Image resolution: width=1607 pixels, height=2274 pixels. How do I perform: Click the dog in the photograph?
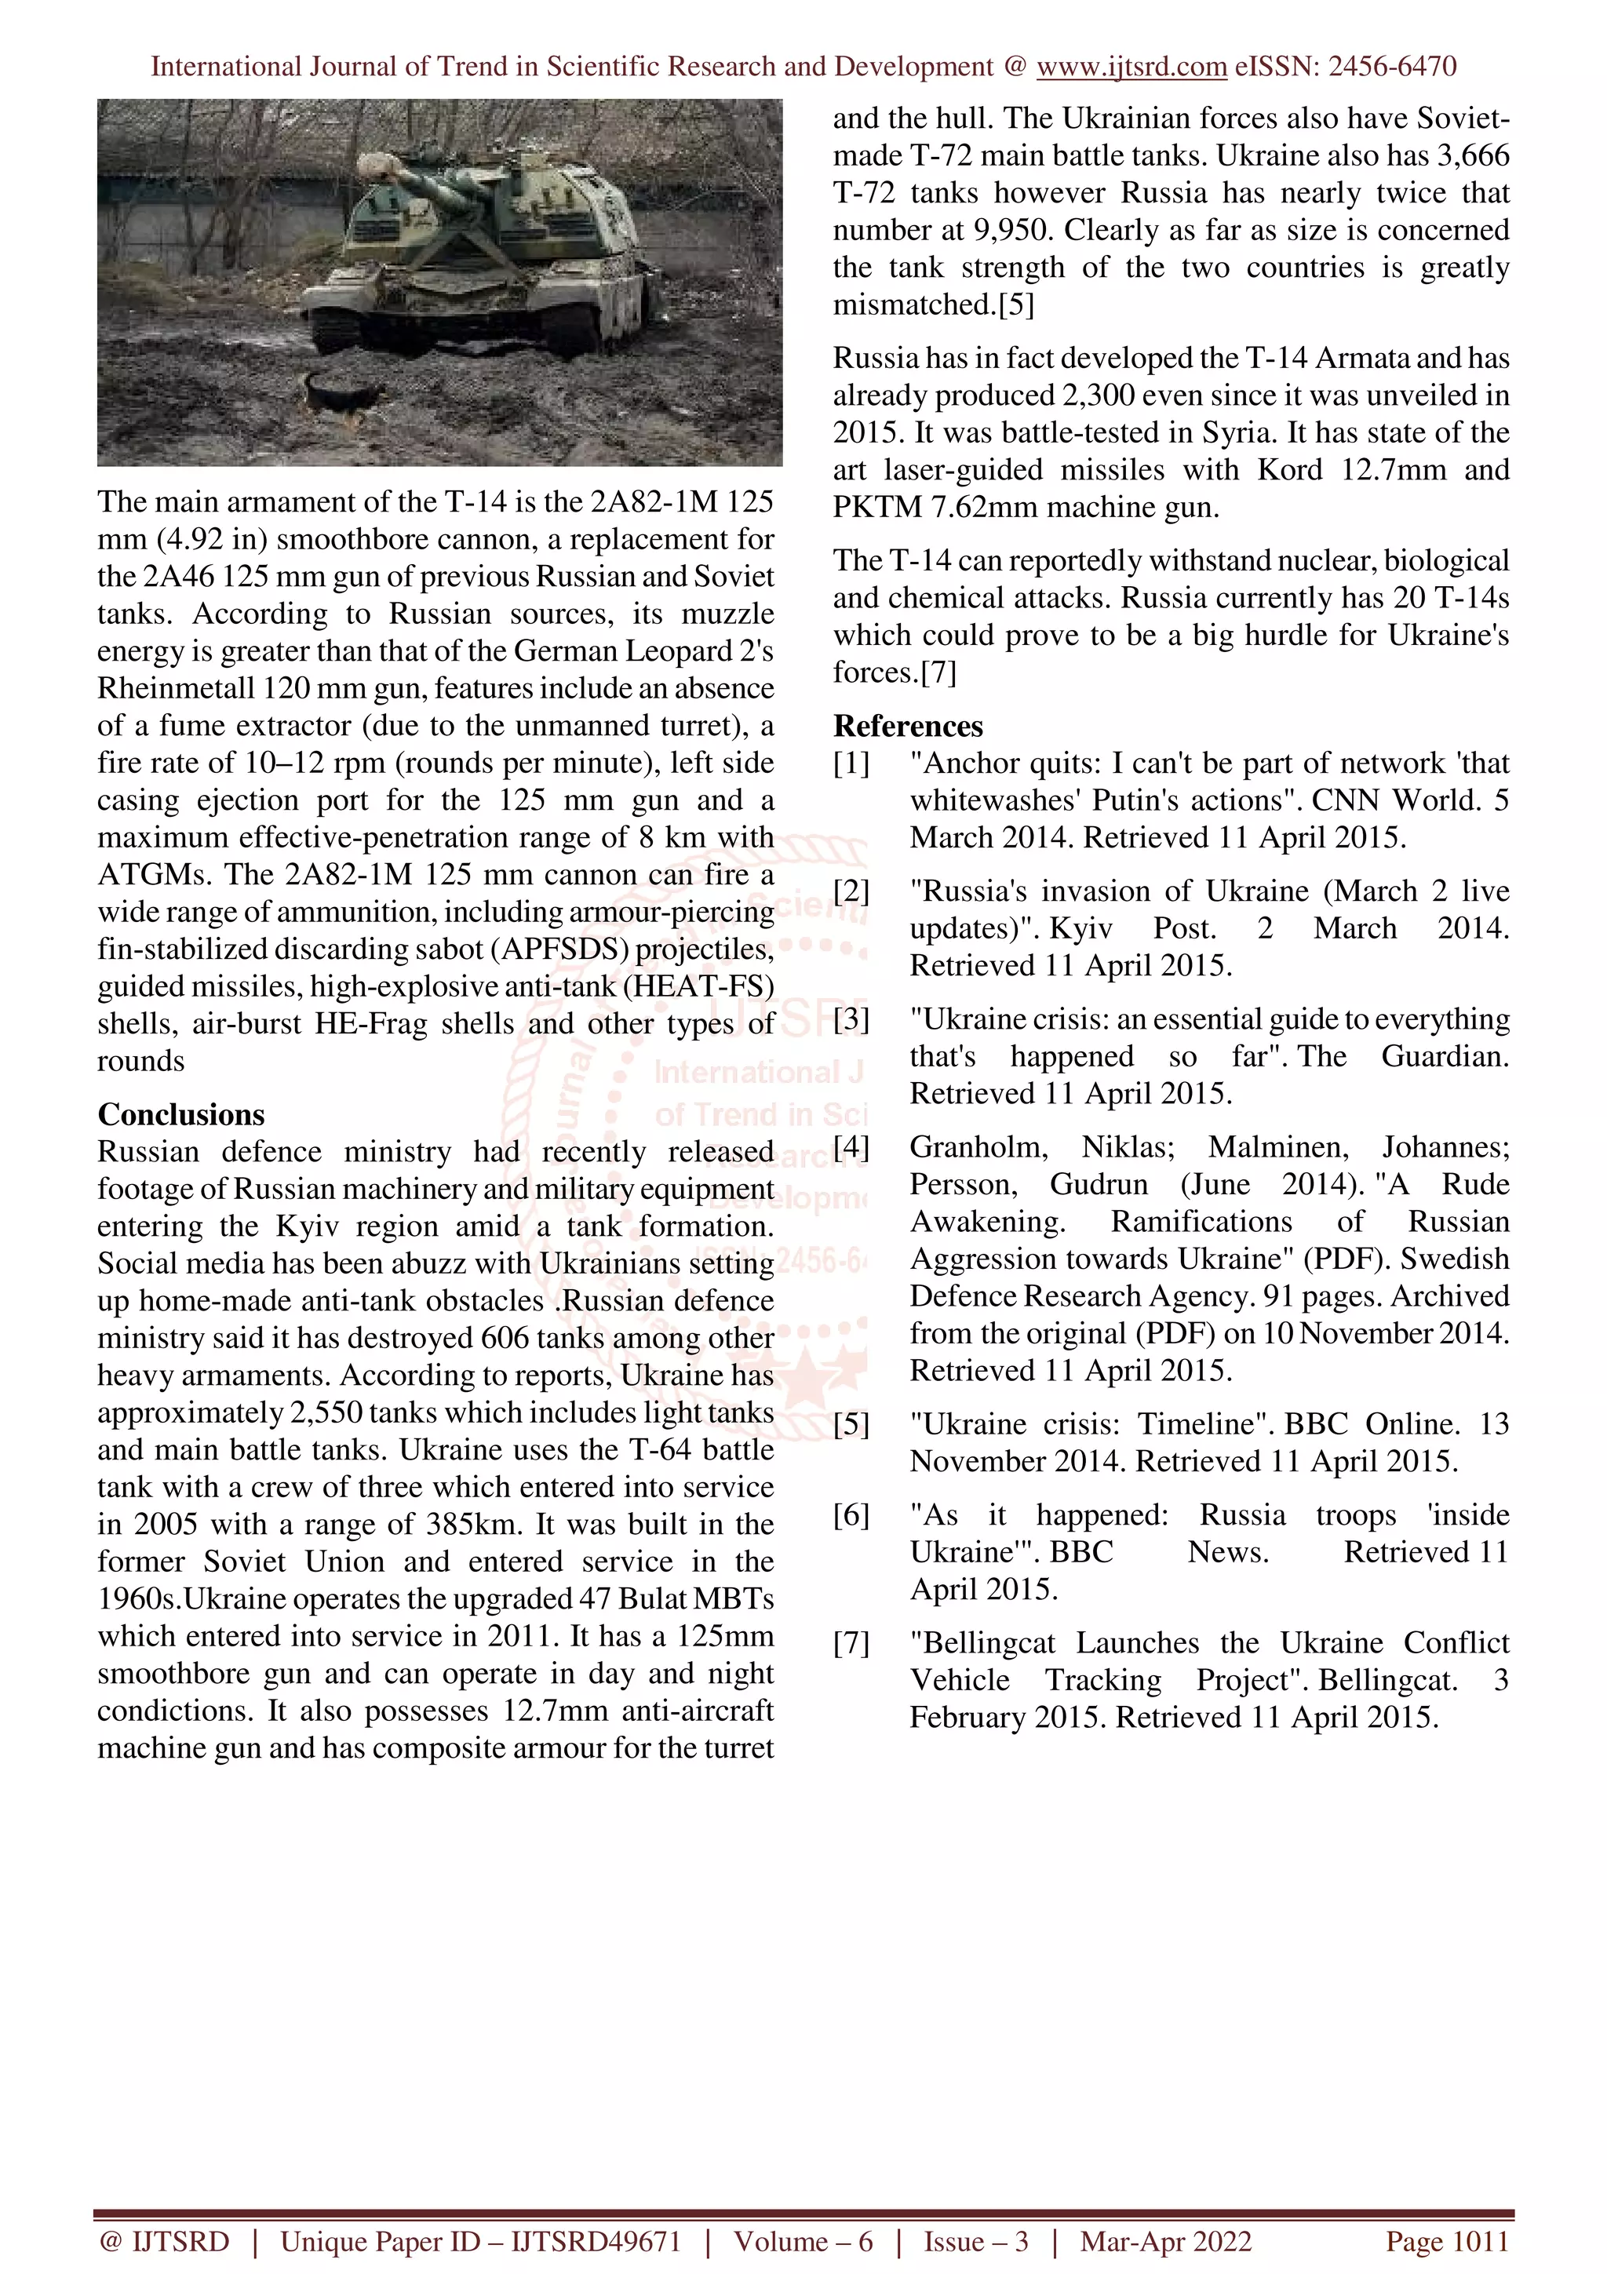pos(341,398)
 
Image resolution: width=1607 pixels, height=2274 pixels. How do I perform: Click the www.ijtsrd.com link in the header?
pos(1131,67)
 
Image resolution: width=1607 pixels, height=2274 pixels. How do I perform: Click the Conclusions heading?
pos(181,1114)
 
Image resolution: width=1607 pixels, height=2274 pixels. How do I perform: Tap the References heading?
pos(908,726)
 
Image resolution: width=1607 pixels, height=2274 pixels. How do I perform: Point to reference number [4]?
pos(851,1147)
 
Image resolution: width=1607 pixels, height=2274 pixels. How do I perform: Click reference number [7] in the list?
pos(851,1643)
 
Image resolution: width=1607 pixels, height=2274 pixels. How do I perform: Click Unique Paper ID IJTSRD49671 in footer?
pos(480,2241)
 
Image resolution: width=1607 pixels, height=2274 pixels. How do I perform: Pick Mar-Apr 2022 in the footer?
pos(1165,2241)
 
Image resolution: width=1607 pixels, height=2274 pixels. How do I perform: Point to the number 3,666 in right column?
pos(1474,155)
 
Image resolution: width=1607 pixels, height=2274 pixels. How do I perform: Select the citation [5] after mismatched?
pos(1016,305)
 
